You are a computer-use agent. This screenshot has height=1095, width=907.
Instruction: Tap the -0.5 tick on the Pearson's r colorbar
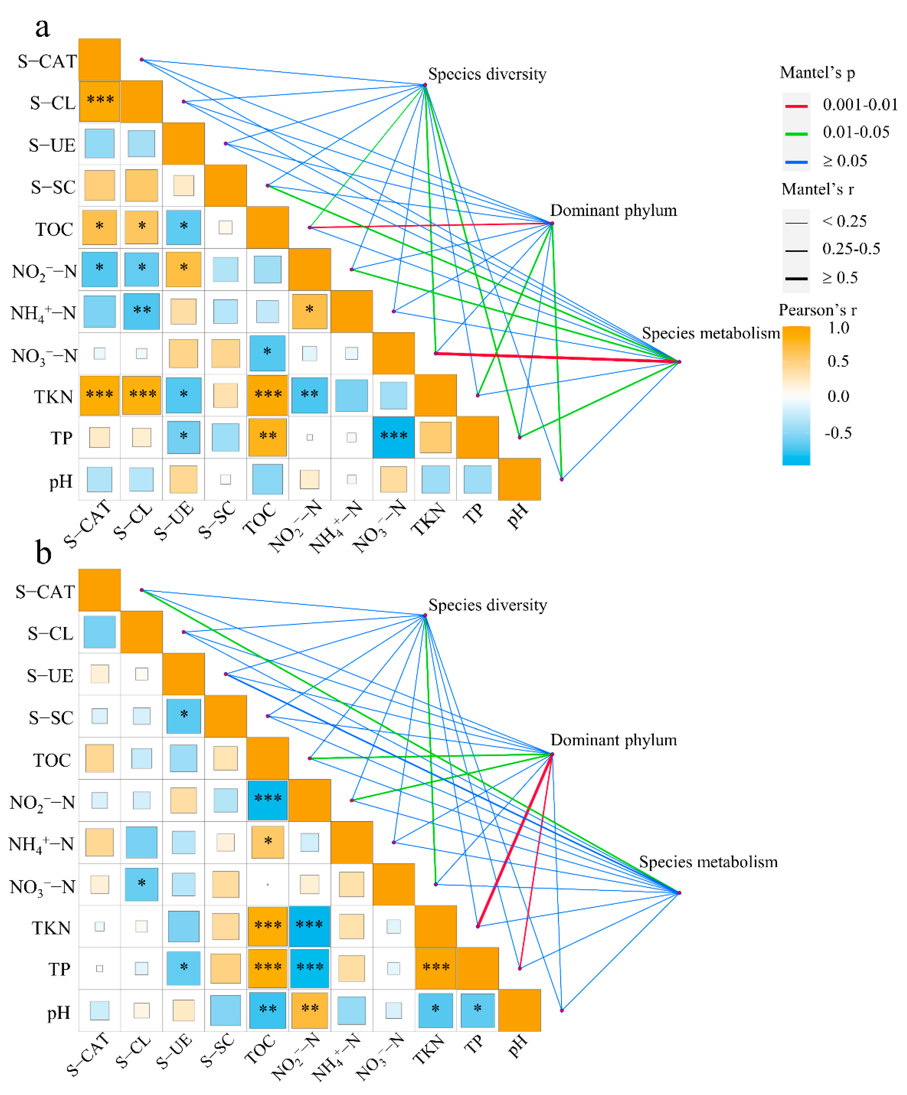[x=838, y=433]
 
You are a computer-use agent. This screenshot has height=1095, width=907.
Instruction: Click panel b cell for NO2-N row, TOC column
[x=268, y=800]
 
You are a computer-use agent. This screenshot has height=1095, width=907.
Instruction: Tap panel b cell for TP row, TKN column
[x=436, y=968]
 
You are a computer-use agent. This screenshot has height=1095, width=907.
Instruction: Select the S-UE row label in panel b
[x=50, y=676]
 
